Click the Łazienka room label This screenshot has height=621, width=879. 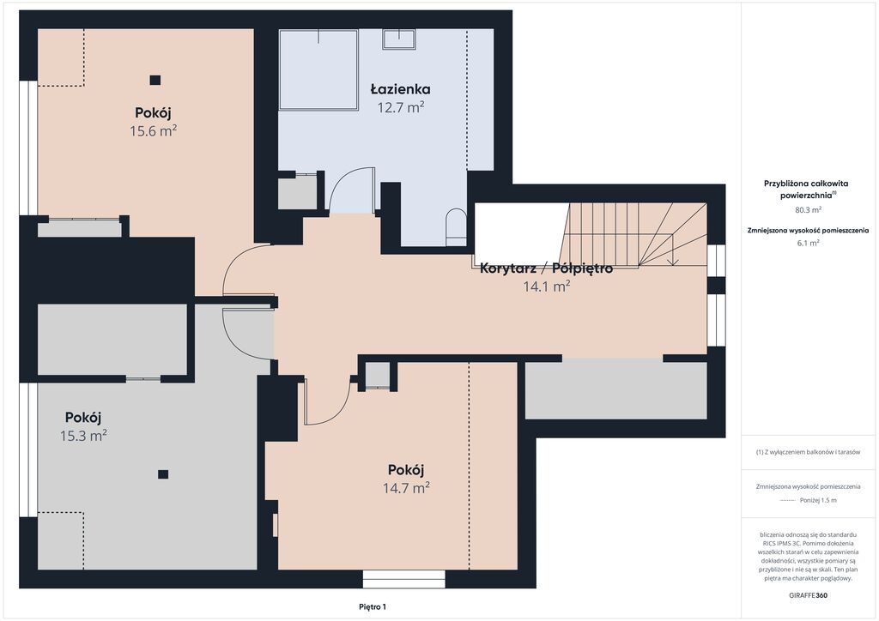(x=400, y=89)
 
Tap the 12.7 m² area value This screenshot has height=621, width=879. (x=400, y=107)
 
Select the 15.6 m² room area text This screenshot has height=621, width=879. (x=153, y=131)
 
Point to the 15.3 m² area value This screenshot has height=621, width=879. (x=83, y=436)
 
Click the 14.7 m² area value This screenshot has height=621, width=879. (x=406, y=488)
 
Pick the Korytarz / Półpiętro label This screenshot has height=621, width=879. (x=546, y=268)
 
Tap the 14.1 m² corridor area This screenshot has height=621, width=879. (x=546, y=286)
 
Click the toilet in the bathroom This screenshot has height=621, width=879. (x=457, y=227)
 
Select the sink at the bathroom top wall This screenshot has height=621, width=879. (x=399, y=39)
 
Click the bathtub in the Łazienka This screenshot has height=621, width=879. (x=318, y=69)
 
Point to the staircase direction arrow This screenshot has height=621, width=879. (x=673, y=250)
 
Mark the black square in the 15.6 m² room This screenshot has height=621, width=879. (x=155, y=80)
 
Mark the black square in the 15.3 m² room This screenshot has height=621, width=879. (x=163, y=474)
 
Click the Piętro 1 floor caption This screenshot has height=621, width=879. (x=373, y=606)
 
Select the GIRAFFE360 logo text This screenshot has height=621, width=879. (x=808, y=595)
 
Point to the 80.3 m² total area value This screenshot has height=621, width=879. (x=808, y=210)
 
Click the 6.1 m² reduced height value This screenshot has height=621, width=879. (x=808, y=243)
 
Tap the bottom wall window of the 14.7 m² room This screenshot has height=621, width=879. (x=403, y=579)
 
